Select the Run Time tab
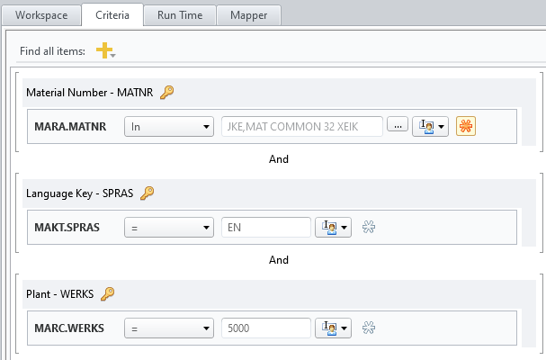[x=178, y=16]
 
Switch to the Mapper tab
[x=248, y=16]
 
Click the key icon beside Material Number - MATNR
[x=166, y=92]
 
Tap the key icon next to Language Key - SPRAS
[x=148, y=193]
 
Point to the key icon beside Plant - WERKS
[x=107, y=293]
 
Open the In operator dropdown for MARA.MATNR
[x=168, y=127]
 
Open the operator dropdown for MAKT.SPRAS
[x=168, y=228]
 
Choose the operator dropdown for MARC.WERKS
[x=168, y=328]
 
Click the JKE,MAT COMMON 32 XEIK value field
[x=302, y=127]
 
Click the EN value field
[x=265, y=228]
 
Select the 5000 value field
[x=265, y=328]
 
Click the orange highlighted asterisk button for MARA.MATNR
[x=466, y=127]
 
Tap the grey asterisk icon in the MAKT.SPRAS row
[x=368, y=228]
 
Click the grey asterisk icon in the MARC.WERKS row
[x=368, y=328]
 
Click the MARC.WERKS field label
[x=69, y=328]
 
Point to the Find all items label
[x=52, y=51]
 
